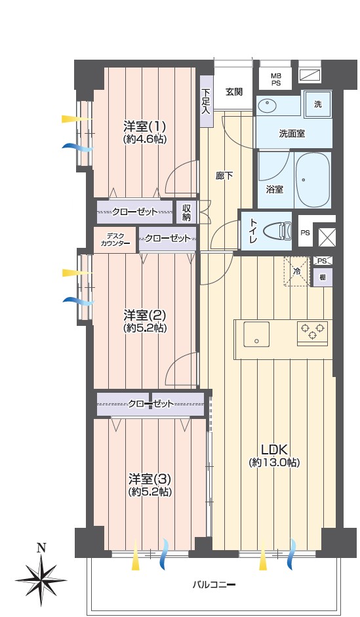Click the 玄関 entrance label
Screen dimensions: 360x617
point(233,92)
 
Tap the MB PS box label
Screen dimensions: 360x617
point(275,79)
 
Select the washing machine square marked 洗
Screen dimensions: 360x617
point(318,104)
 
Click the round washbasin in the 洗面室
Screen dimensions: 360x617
point(268,106)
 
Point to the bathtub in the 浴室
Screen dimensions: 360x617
point(312,180)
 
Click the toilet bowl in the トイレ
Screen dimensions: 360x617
point(277,231)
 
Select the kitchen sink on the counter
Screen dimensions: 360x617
point(256,334)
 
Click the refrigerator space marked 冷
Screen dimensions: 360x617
point(296,271)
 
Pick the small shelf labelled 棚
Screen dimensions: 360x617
point(323,277)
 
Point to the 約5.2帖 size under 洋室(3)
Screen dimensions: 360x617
point(149,492)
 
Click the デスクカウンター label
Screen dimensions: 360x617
point(115,240)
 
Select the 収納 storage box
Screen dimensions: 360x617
point(186,212)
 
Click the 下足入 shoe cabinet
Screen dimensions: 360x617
point(206,101)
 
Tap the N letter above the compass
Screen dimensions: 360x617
point(41,547)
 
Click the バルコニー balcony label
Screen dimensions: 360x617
point(214,585)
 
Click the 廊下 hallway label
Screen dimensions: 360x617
point(224,176)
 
